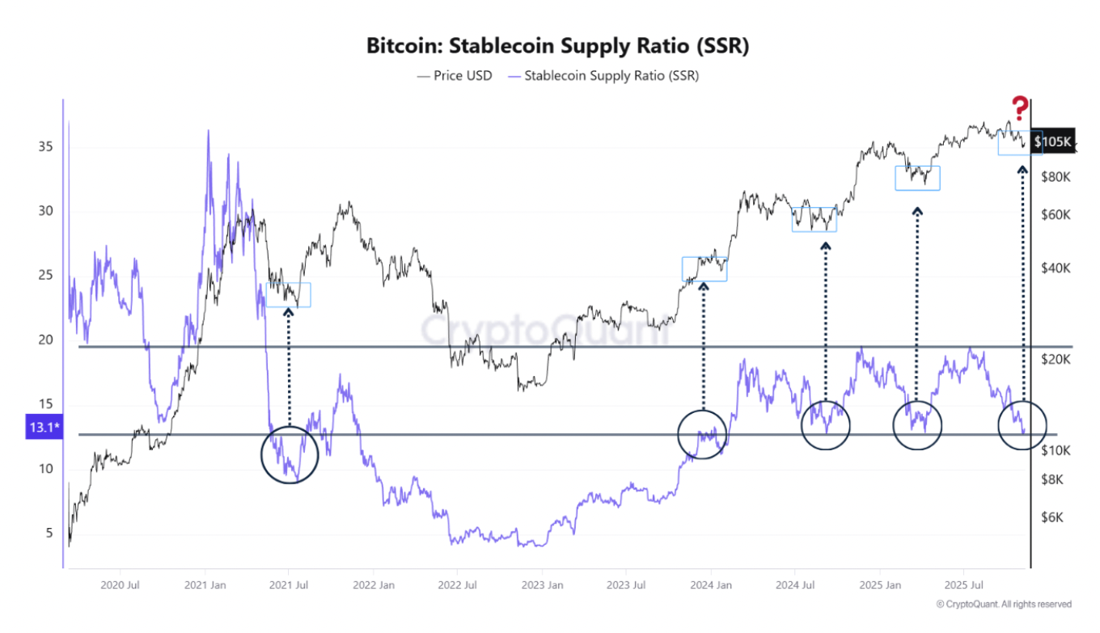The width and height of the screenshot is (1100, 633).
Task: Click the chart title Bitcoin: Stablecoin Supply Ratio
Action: (x=557, y=46)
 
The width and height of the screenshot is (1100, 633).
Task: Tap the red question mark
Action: (x=1020, y=107)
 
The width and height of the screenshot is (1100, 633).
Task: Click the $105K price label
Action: (x=1052, y=142)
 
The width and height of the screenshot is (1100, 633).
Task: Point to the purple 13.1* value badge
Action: (x=44, y=428)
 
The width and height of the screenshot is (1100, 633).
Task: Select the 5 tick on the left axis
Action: (x=48, y=533)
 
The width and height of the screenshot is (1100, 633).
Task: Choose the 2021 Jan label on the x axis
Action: (x=205, y=584)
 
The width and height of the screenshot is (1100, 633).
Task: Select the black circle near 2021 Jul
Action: (x=290, y=455)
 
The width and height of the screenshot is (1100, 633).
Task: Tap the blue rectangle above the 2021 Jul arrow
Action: (x=289, y=295)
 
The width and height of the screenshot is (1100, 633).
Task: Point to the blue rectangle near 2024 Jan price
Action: (x=704, y=269)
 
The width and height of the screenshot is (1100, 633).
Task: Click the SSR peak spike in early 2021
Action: (x=209, y=132)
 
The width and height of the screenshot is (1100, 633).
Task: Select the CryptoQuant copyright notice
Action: (x=1003, y=604)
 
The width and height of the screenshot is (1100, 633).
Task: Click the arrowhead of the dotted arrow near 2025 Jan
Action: (x=917, y=212)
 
